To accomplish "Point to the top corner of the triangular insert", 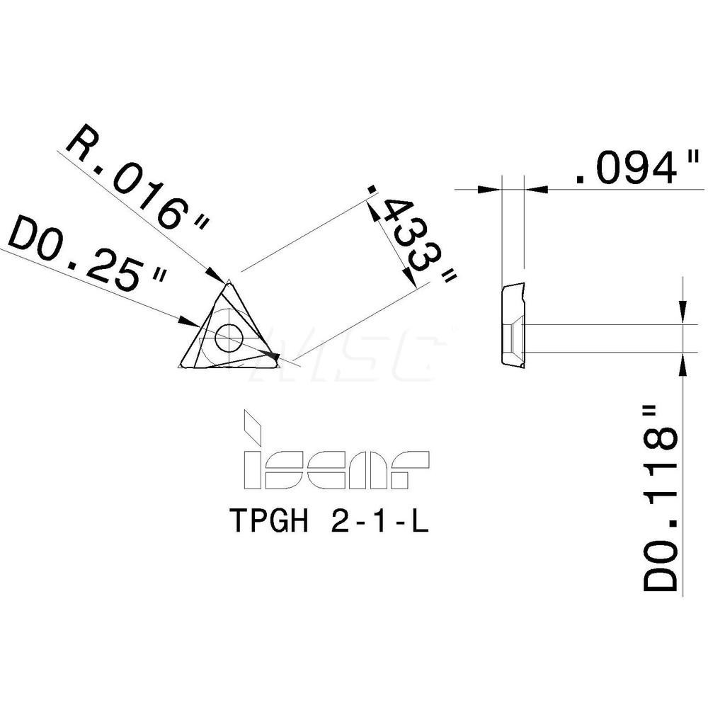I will click(x=229, y=283).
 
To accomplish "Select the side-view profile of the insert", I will click(x=513, y=326).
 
